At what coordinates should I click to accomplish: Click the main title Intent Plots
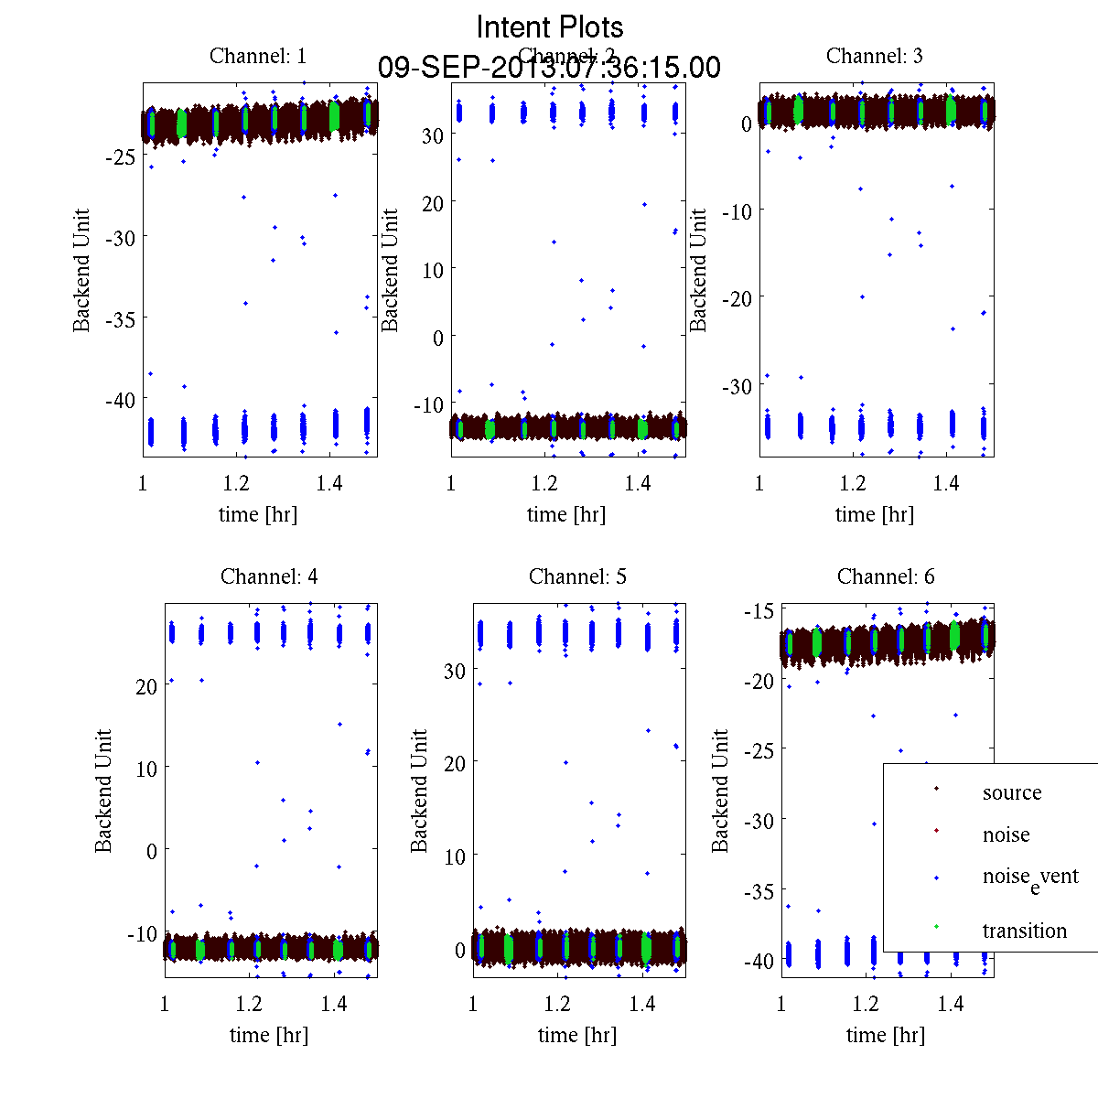(x=550, y=27)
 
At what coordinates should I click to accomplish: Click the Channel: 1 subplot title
(x=258, y=56)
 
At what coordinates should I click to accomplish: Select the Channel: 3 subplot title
(x=874, y=56)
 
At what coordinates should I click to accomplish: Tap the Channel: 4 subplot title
(x=269, y=576)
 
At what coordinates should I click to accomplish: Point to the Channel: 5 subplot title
(x=577, y=576)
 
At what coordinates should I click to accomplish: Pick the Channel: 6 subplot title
(x=886, y=576)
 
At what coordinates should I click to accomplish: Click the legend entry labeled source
(x=1011, y=792)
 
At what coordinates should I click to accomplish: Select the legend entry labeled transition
(x=1024, y=931)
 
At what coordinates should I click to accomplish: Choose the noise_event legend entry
(x=1029, y=877)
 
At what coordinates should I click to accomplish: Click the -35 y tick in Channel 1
(x=120, y=319)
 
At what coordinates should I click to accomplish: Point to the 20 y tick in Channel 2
(x=432, y=203)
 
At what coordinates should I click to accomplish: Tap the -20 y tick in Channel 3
(x=737, y=298)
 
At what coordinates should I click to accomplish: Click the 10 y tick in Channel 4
(x=145, y=768)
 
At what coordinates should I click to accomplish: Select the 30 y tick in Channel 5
(x=454, y=671)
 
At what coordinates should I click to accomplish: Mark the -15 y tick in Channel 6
(x=763, y=610)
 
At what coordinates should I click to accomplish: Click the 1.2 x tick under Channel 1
(x=237, y=483)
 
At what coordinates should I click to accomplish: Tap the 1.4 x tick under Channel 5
(x=642, y=1004)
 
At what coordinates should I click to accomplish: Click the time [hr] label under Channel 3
(x=874, y=514)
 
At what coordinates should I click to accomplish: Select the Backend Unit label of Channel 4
(x=103, y=791)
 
